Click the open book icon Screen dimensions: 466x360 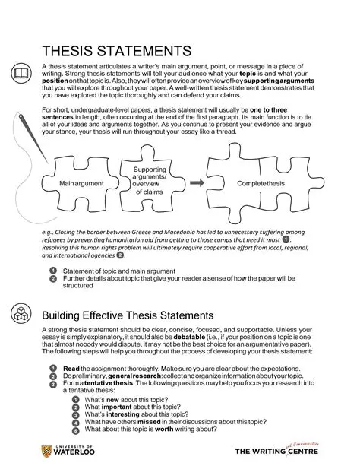tap(21, 73)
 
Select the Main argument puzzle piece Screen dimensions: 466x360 tap(81, 184)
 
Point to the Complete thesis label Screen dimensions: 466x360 tap(261, 184)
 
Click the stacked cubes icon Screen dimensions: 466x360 tap(22, 315)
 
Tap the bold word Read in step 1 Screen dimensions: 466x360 tap(71, 368)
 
